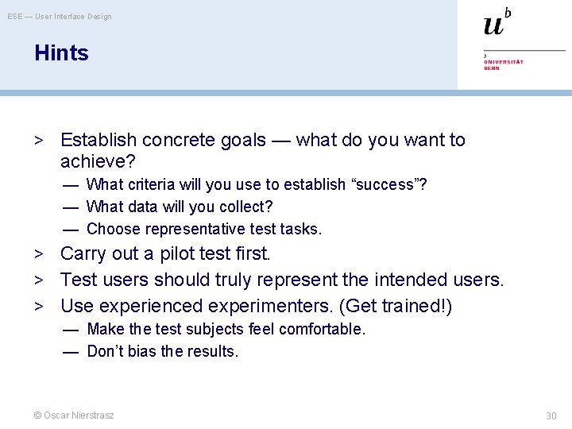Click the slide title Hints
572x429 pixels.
[x=61, y=53]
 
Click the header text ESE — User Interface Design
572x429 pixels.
[x=60, y=16]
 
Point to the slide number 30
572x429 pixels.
[x=551, y=415]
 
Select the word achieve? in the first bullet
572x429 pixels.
[x=98, y=162]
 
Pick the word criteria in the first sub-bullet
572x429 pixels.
[x=150, y=185]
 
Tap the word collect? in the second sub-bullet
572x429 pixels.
[x=246, y=207]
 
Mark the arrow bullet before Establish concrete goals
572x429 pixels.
[x=37, y=141]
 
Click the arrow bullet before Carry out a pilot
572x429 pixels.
[x=37, y=254]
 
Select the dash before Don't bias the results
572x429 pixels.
[x=71, y=351]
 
